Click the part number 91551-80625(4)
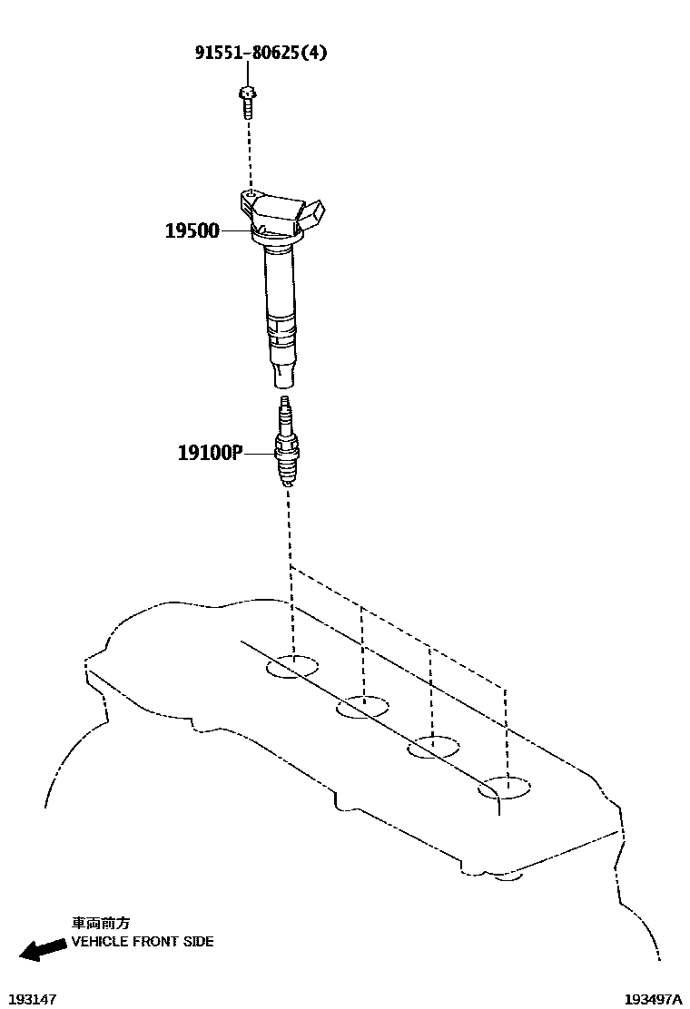pos(261,52)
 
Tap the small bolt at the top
pos(246,101)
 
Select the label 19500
pos(192,230)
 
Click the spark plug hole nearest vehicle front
pos(292,667)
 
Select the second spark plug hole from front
pos(362,707)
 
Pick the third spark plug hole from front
pos(433,749)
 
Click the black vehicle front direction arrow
pos(43,950)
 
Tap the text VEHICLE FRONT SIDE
pos(143,942)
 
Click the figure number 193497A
pos(652,998)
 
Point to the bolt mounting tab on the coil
pos(248,197)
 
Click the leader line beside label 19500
pos(236,230)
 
